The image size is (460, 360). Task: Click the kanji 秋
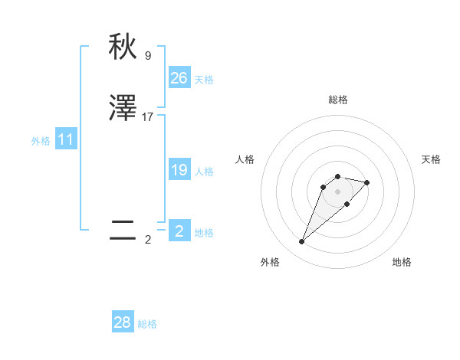(x=123, y=47)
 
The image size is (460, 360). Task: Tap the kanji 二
(x=123, y=231)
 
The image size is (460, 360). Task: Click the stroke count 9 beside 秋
(x=148, y=55)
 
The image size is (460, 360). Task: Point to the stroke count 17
(x=148, y=117)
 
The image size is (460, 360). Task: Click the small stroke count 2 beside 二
(x=148, y=239)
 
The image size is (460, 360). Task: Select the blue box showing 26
(x=179, y=78)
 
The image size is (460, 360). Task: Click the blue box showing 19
(x=179, y=170)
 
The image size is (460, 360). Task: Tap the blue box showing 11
(x=66, y=140)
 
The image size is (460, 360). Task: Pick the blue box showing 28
(x=123, y=322)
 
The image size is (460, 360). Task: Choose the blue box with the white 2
(x=179, y=231)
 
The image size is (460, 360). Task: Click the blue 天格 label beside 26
(x=204, y=80)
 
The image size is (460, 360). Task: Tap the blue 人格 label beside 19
(x=204, y=172)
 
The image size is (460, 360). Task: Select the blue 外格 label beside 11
(x=41, y=141)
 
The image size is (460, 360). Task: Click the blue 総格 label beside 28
(x=147, y=324)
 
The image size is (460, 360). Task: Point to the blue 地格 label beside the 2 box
(x=204, y=233)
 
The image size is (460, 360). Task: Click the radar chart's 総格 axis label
(x=337, y=100)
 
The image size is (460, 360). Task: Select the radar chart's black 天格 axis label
(x=431, y=159)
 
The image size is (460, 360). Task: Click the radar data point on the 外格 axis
(x=301, y=242)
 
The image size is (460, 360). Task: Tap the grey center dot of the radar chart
(x=337, y=191)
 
